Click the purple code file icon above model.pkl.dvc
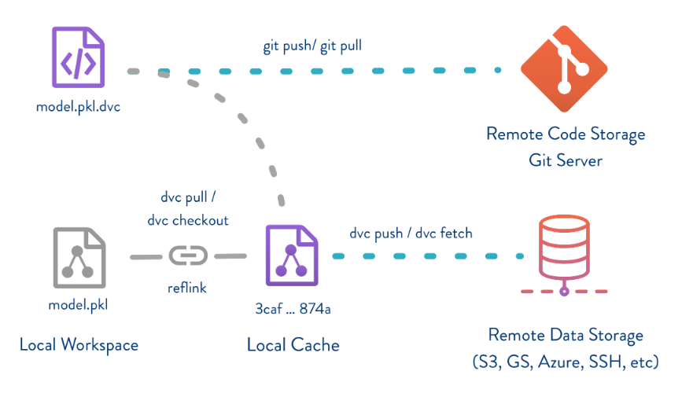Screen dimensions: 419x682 [x=78, y=57]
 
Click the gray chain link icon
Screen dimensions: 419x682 [x=188, y=256]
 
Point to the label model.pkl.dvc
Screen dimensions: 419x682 [x=78, y=107]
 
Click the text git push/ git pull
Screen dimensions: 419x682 [x=312, y=46]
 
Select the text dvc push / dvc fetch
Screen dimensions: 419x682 [x=411, y=233]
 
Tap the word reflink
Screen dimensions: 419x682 [x=187, y=288]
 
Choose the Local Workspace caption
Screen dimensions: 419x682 [x=79, y=344]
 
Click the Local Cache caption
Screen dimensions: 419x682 [x=293, y=344]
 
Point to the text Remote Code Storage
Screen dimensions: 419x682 [x=566, y=134]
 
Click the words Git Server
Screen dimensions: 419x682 [x=566, y=160]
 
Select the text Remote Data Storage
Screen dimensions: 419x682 [x=566, y=336]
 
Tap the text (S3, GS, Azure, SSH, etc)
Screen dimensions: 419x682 [x=566, y=362]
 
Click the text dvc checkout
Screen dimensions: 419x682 [x=188, y=221]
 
